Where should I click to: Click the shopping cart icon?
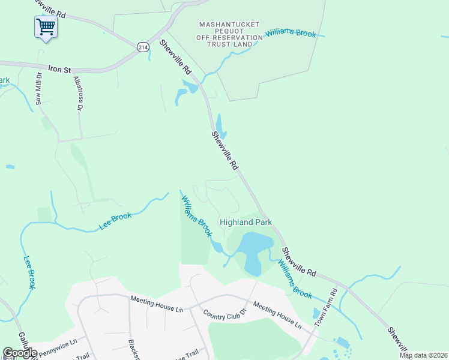pyautogui.click(x=46, y=27)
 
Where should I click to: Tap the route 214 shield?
pyautogui.click(x=142, y=46)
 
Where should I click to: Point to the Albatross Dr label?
pyautogui.click(x=77, y=93)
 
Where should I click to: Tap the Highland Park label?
pyautogui.click(x=246, y=222)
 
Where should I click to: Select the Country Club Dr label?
pyautogui.click(x=224, y=314)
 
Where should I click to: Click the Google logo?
pyautogui.click(x=20, y=353)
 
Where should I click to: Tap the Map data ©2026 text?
pyautogui.click(x=423, y=356)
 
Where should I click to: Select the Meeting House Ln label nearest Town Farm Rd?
pyautogui.click(x=277, y=315)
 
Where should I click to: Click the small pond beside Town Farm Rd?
pyautogui.click(x=316, y=313)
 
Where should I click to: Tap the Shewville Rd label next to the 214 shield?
pyautogui.click(x=174, y=58)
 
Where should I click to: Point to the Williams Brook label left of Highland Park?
pyautogui.click(x=197, y=215)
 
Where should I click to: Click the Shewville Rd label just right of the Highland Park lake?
pyautogui.click(x=298, y=262)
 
